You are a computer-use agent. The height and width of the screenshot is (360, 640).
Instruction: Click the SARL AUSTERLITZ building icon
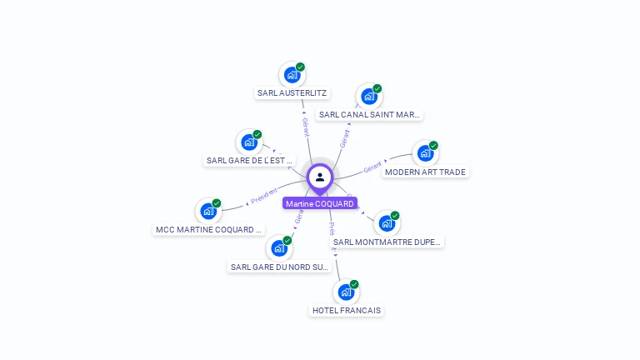tap(291, 75)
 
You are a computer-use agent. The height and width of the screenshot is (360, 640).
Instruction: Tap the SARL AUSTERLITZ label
tap(292, 93)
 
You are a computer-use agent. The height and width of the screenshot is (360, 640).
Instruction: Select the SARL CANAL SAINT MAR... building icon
tap(368, 97)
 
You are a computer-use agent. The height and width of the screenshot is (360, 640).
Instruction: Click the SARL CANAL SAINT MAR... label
tap(370, 115)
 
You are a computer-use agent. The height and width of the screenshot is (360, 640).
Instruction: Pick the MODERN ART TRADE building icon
tap(425, 153)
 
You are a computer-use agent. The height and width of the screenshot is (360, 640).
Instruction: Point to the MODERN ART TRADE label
tap(426, 172)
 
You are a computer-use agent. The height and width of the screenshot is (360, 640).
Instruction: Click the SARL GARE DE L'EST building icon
tap(248, 142)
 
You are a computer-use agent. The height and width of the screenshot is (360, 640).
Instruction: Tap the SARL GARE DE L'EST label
tap(250, 160)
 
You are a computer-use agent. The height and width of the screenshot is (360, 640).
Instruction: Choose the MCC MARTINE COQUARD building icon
tap(207, 211)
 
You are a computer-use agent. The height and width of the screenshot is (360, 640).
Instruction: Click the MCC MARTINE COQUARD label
tap(209, 229)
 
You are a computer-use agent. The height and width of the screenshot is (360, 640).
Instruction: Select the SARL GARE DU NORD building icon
tap(278, 248)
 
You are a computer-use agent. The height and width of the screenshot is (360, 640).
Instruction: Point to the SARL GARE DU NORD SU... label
tap(280, 267)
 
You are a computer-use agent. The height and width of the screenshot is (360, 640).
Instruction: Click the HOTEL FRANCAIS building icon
tap(345, 292)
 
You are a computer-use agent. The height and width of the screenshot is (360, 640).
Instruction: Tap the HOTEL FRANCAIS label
tap(347, 310)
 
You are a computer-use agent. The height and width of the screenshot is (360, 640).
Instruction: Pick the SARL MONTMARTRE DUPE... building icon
tap(386, 223)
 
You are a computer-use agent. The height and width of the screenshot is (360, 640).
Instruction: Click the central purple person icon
tap(320, 177)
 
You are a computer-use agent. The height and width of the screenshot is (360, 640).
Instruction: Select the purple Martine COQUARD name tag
tap(320, 203)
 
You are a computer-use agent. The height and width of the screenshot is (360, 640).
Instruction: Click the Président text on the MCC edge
tap(263, 197)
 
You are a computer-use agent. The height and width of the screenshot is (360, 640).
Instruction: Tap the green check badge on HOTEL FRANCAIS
tap(354, 284)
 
